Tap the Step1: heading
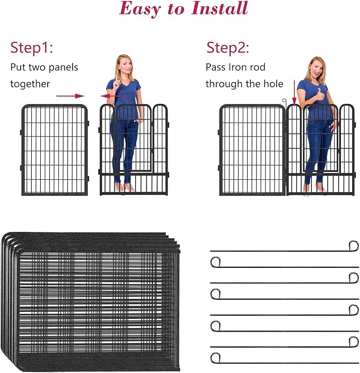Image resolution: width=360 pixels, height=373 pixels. point(32,48)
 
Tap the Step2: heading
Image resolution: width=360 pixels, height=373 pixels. point(228,48)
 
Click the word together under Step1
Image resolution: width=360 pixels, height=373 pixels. point(30,84)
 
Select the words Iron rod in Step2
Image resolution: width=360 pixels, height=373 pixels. point(243,67)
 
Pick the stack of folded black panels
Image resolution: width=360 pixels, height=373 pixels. point(90,300)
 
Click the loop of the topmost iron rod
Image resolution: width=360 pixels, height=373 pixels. point(353,246)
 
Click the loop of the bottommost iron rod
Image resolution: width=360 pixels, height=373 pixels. point(215,358)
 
